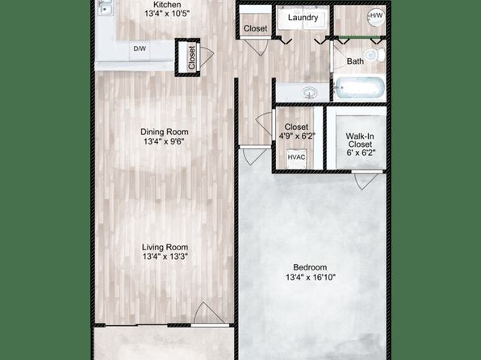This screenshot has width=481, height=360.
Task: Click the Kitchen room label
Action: click(167, 5)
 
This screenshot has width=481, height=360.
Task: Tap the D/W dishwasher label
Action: click(140, 48)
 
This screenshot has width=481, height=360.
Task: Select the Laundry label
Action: click(303, 18)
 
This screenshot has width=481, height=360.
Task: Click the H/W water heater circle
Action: click(376, 16)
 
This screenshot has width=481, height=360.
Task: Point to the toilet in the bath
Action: click(375, 55)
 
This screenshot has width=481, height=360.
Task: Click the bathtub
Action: click(359, 87)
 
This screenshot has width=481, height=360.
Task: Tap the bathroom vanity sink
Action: click(310, 92)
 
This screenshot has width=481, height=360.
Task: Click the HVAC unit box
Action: click(296, 157)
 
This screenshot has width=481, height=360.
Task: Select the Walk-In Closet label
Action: click(360, 140)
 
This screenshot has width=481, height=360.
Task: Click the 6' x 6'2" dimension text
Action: click(361, 153)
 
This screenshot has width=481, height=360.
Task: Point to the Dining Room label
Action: click(165, 132)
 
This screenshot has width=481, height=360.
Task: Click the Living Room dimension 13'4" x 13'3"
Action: click(165, 257)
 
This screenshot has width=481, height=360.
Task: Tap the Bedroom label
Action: click(310, 267)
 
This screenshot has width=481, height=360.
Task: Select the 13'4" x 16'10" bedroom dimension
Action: click(311, 278)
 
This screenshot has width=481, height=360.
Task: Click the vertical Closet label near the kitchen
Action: click(192, 57)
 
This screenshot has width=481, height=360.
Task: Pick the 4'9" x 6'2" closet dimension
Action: click(297, 136)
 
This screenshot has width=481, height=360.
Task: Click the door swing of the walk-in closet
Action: click(366, 181)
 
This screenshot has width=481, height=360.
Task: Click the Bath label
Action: click(355, 61)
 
